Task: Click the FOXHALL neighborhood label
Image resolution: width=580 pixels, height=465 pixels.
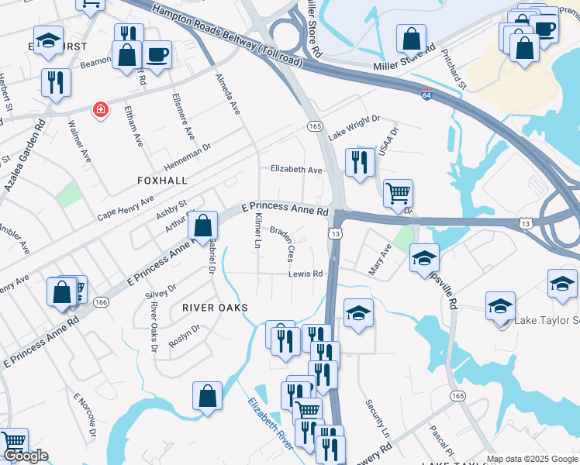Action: [162, 180]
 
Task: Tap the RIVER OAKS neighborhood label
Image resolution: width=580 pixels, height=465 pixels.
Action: [215, 308]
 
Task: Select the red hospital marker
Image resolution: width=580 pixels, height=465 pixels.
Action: [99, 110]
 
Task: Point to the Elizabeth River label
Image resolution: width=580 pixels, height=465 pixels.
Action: [270, 423]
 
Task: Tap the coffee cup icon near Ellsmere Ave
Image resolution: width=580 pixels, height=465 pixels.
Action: [157, 55]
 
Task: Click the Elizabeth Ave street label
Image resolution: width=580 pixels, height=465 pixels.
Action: [296, 170]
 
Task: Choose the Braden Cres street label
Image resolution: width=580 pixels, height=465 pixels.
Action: [282, 243]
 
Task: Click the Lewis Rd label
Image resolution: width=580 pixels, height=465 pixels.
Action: [306, 274]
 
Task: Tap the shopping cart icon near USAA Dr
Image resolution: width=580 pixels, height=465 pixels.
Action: [398, 193]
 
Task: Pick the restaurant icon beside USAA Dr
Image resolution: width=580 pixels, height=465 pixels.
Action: [358, 162]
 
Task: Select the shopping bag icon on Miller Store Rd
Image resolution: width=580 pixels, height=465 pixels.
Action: [411, 38]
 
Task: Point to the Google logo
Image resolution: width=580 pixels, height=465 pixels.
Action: [26, 456]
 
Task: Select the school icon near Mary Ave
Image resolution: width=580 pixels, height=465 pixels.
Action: [424, 257]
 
